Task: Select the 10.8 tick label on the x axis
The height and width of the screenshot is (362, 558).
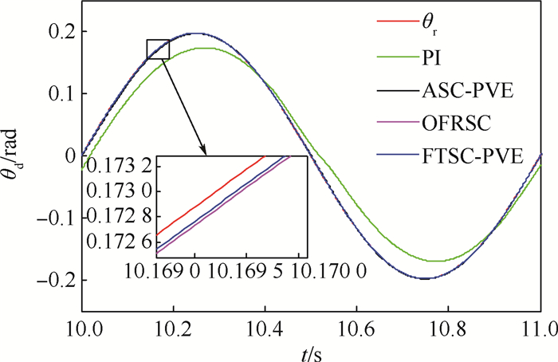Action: click(x=450, y=329)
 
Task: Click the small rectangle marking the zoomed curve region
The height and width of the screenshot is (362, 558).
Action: click(x=158, y=49)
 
